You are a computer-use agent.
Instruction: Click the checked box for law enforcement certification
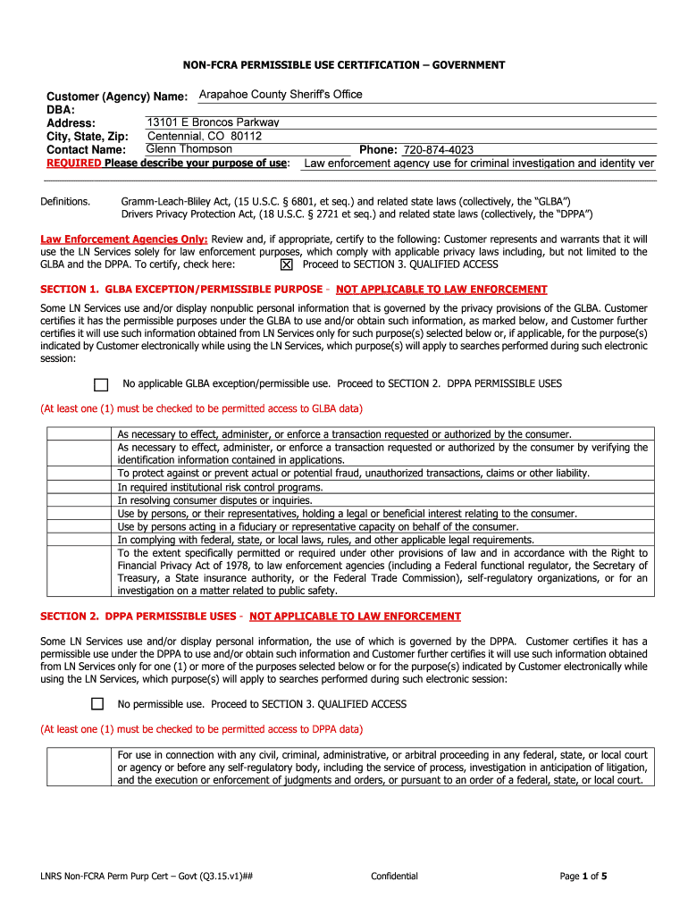click(x=286, y=265)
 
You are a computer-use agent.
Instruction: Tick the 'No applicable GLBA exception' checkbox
click(x=101, y=384)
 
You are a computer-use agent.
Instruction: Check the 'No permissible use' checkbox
click(x=97, y=704)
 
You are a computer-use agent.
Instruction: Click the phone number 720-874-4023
click(x=438, y=150)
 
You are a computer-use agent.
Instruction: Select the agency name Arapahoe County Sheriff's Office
click(x=281, y=95)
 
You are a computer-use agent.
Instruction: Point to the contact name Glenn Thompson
click(x=189, y=149)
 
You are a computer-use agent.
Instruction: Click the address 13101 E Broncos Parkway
click(x=213, y=122)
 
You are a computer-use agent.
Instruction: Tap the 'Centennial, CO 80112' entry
click(x=205, y=136)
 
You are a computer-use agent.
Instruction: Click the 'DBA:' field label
click(x=61, y=109)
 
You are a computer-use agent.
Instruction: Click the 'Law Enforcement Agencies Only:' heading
click(x=124, y=239)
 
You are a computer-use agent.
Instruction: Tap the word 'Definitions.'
click(x=65, y=202)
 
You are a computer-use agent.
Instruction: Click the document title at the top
click(x=344, y=65)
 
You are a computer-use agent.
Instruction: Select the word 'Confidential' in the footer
click(x=394, y=876)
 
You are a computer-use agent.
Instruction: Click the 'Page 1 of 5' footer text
click(x=583, y=876)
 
